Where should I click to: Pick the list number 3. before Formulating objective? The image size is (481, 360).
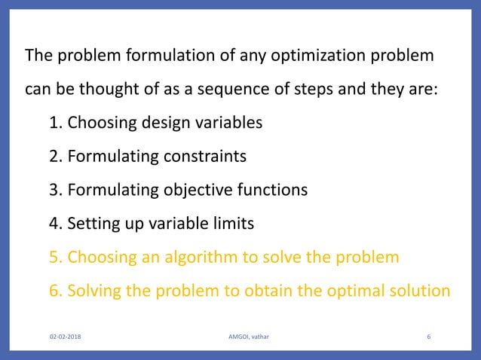(56, 190)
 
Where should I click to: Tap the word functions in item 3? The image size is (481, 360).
(272, 190)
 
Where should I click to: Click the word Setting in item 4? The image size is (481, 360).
(90, 224)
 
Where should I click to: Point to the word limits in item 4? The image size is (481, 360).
(232, 224)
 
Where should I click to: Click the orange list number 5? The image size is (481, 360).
(56, 258)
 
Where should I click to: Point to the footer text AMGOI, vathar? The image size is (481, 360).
(243, 337)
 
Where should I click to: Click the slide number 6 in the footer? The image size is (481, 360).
(428, 337)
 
